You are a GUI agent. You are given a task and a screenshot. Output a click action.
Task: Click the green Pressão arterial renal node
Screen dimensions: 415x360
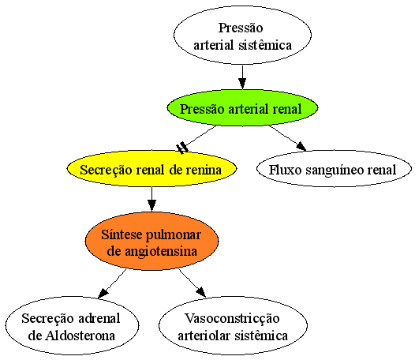242,107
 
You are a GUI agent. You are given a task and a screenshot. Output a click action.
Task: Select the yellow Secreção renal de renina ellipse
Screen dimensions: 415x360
151,168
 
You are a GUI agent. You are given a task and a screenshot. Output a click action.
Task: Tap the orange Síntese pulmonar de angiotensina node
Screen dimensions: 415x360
151,241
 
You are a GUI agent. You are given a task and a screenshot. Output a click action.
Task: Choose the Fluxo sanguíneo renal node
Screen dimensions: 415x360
334,168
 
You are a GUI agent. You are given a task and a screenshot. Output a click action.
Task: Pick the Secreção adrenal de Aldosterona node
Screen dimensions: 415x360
72,325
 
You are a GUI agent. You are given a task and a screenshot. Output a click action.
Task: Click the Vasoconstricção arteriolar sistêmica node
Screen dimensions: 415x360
233,325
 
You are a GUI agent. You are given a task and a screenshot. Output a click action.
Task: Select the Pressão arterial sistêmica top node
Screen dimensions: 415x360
242,35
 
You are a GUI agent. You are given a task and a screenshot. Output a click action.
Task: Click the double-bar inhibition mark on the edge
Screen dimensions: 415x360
182,148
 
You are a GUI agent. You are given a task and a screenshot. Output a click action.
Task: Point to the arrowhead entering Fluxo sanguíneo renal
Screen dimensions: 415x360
301,146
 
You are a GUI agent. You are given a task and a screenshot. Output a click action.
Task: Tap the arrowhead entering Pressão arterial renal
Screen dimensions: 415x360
242,84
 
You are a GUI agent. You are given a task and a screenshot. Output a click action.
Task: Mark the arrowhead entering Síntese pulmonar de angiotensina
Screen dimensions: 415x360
151,206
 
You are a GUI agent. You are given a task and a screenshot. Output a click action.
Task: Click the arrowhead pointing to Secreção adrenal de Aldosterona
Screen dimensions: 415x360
103,293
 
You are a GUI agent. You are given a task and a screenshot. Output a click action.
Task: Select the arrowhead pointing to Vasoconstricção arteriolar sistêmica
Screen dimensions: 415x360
201,292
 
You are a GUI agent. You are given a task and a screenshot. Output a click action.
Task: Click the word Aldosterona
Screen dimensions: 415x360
80,336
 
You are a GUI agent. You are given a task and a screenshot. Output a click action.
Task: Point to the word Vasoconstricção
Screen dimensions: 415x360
232,319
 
